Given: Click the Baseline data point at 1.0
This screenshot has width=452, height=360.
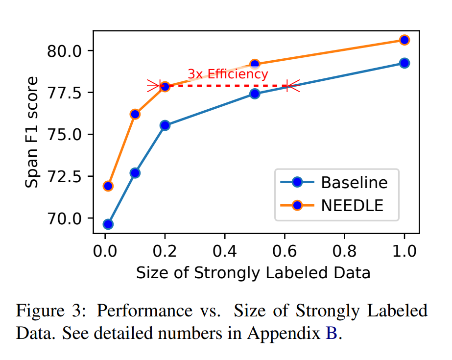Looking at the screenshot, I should [404, 63].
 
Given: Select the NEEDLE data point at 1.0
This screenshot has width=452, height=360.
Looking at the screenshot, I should [404, 40].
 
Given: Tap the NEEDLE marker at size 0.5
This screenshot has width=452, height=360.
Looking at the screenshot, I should [255, 64].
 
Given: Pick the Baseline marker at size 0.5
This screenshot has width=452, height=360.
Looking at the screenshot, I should [255, 94].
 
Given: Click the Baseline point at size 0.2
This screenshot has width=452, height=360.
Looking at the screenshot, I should [165, 125].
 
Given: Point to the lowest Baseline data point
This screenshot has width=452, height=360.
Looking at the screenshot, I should [108, 224].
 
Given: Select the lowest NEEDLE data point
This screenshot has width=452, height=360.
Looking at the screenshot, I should [108, 186].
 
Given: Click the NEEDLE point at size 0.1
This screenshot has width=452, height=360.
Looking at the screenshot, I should [135, 114].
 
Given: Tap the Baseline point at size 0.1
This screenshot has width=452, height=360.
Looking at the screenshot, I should [135, 173].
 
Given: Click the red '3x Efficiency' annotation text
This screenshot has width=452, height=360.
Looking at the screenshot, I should [228, 74].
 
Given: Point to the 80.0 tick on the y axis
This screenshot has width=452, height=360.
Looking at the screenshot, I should [66, 51].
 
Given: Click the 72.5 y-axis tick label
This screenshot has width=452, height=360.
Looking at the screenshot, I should [66, 176].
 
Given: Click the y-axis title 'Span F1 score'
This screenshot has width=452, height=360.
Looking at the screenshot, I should [32, 132].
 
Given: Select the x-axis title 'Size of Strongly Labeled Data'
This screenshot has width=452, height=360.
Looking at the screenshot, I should [253, 273].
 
